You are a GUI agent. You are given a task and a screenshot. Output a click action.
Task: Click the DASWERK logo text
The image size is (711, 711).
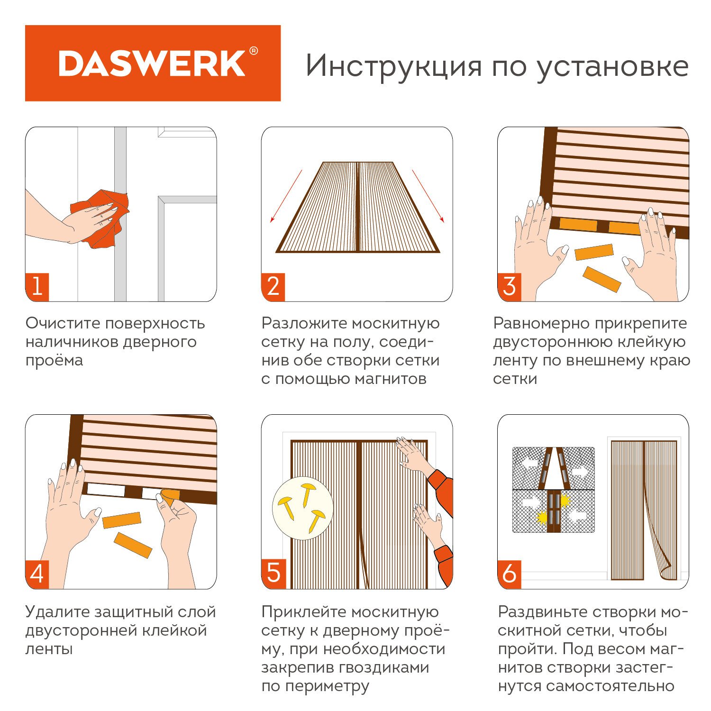[x=152, y=64]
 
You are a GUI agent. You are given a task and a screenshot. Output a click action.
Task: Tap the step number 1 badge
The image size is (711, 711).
[x=37, y=287]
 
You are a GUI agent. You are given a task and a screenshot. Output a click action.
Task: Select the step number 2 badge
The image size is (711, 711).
[x=273, y=287]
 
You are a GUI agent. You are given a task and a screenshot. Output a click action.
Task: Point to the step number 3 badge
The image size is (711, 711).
[x=509, y=287]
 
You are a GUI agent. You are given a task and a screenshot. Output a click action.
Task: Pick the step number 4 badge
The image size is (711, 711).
[x=37, y=574]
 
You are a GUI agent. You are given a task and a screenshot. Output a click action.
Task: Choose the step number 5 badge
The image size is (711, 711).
[x=273, y=574]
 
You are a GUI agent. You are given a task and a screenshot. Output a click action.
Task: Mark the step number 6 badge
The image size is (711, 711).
[x=509, y=574]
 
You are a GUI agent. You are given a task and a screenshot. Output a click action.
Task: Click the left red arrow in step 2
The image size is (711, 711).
[x=286, y=196]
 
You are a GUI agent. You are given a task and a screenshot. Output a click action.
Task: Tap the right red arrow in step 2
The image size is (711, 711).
[x=428, y=196]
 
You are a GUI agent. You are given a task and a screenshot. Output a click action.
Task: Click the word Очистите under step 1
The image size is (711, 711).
[x=63, y=323]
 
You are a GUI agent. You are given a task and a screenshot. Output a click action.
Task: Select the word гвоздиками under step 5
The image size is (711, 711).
[x=384, y=667]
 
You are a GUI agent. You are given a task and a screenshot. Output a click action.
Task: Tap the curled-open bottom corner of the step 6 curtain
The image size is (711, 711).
[x=666, y=571]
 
